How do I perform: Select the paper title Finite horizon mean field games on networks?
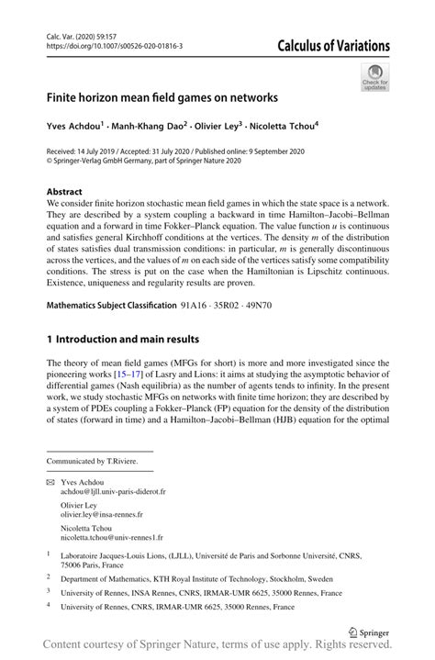(x=155, y=95)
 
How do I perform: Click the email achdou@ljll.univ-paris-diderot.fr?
(x=113, y=492)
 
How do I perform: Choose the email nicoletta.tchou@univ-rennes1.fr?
(x=111, y=538)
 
